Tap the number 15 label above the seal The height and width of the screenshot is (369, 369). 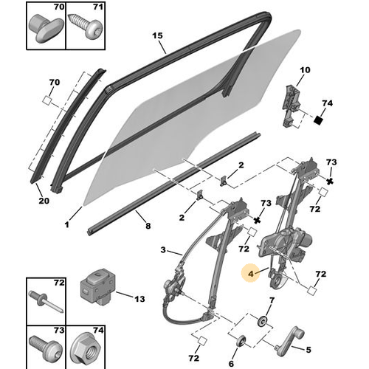tap(156, 35)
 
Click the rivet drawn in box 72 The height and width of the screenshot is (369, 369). tap(42, 302)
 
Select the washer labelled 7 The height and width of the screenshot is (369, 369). tap(263, 322)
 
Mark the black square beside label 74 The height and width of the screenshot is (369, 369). tap(320, 119)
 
